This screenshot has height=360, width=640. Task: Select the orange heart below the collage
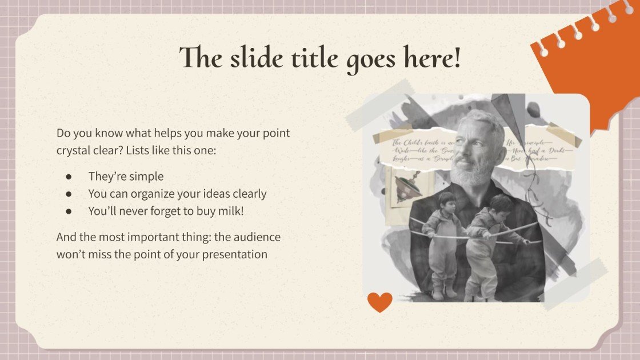[379, 302]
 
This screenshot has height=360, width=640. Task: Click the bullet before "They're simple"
[69, 177]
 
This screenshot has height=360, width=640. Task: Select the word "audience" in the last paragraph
[254, 237]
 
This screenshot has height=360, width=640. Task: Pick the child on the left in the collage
[439, 240]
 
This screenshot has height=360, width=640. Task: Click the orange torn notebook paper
[589, 63]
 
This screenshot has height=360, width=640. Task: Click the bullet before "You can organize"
[69, 194]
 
